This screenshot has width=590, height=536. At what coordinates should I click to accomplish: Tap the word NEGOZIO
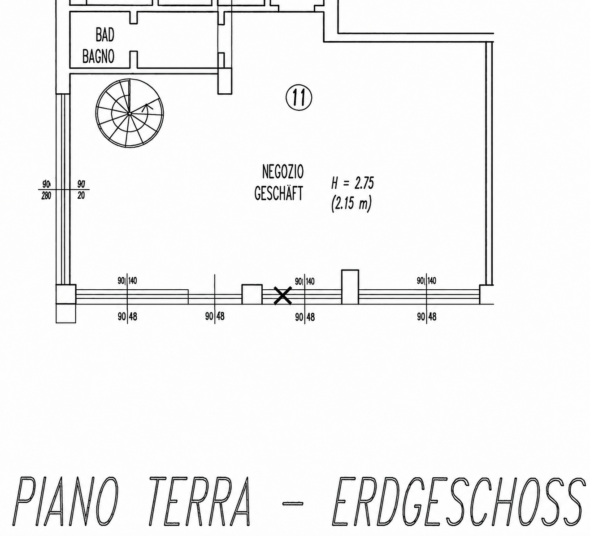pyautogui.click(x=282, y=172)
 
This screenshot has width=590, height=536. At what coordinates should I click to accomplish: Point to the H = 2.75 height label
pyautogui.click(x=352, y=183)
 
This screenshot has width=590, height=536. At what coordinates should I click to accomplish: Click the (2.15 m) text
pyautogui.click(x=351, y=203)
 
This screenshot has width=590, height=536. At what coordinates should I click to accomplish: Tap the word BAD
pyautogui.click(x=105, y=35)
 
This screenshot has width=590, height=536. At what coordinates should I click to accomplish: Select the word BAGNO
pyautogui.click(x=98, y=57)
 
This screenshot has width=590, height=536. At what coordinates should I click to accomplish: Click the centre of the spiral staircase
pyautogui.click(x=130, y=113)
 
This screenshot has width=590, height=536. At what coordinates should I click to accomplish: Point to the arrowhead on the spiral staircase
pyautogui.click(x=147, y=107)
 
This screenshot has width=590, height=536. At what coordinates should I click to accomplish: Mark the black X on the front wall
pyautogui.click(x=282, y=296)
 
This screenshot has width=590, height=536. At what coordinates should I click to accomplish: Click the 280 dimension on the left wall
pyautogui.click(x=46, y=196)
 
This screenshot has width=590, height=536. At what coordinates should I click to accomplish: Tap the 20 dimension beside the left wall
pyautogui.click(x=81, y=196)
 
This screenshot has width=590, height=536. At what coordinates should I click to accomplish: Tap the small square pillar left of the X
pyautogui.click(x=252, y=294)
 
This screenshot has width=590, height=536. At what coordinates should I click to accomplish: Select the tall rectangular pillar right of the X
pyautogui.click(x=350, y=287)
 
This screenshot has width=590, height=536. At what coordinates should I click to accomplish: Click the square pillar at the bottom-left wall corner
pyautogui.click(x=66, y=294)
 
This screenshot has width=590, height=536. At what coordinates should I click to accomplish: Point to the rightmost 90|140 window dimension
pyautogui.click(x=426, y=281)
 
